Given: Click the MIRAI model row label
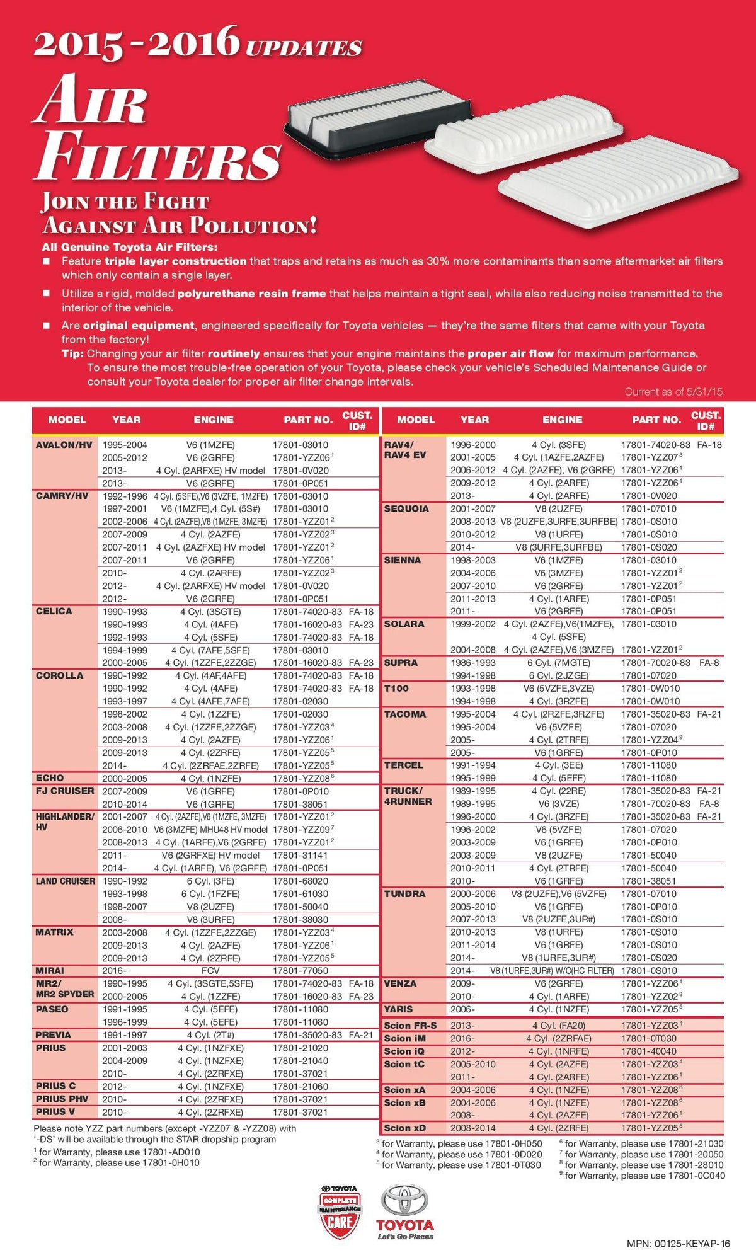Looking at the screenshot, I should tap(50, 970).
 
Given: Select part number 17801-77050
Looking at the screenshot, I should tap(301, 970).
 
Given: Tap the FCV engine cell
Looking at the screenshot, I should tap(210, 970).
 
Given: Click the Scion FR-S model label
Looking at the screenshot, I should tap(410, 1025).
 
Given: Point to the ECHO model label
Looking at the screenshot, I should tap(50, 778).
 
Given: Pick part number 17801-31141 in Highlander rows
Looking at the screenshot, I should tap(301, 855).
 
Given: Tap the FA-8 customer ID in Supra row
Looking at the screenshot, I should tap(709, 663).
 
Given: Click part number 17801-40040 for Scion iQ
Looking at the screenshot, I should tap(649, 1051).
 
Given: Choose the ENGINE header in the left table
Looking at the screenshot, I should tap(214, 420).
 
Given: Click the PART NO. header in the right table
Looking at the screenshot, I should tap(656, 420).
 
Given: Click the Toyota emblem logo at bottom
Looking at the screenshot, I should tap(405, 1206).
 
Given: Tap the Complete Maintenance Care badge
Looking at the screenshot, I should tap(340, 1213).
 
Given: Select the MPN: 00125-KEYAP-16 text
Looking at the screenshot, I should tap(679, 1244).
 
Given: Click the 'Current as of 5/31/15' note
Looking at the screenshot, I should tap(673, 392).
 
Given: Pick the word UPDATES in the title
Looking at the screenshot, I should tap(304, 48).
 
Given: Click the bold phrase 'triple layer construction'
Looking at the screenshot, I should tap(175, 261).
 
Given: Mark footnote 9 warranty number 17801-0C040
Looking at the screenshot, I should tap(696, 1176).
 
